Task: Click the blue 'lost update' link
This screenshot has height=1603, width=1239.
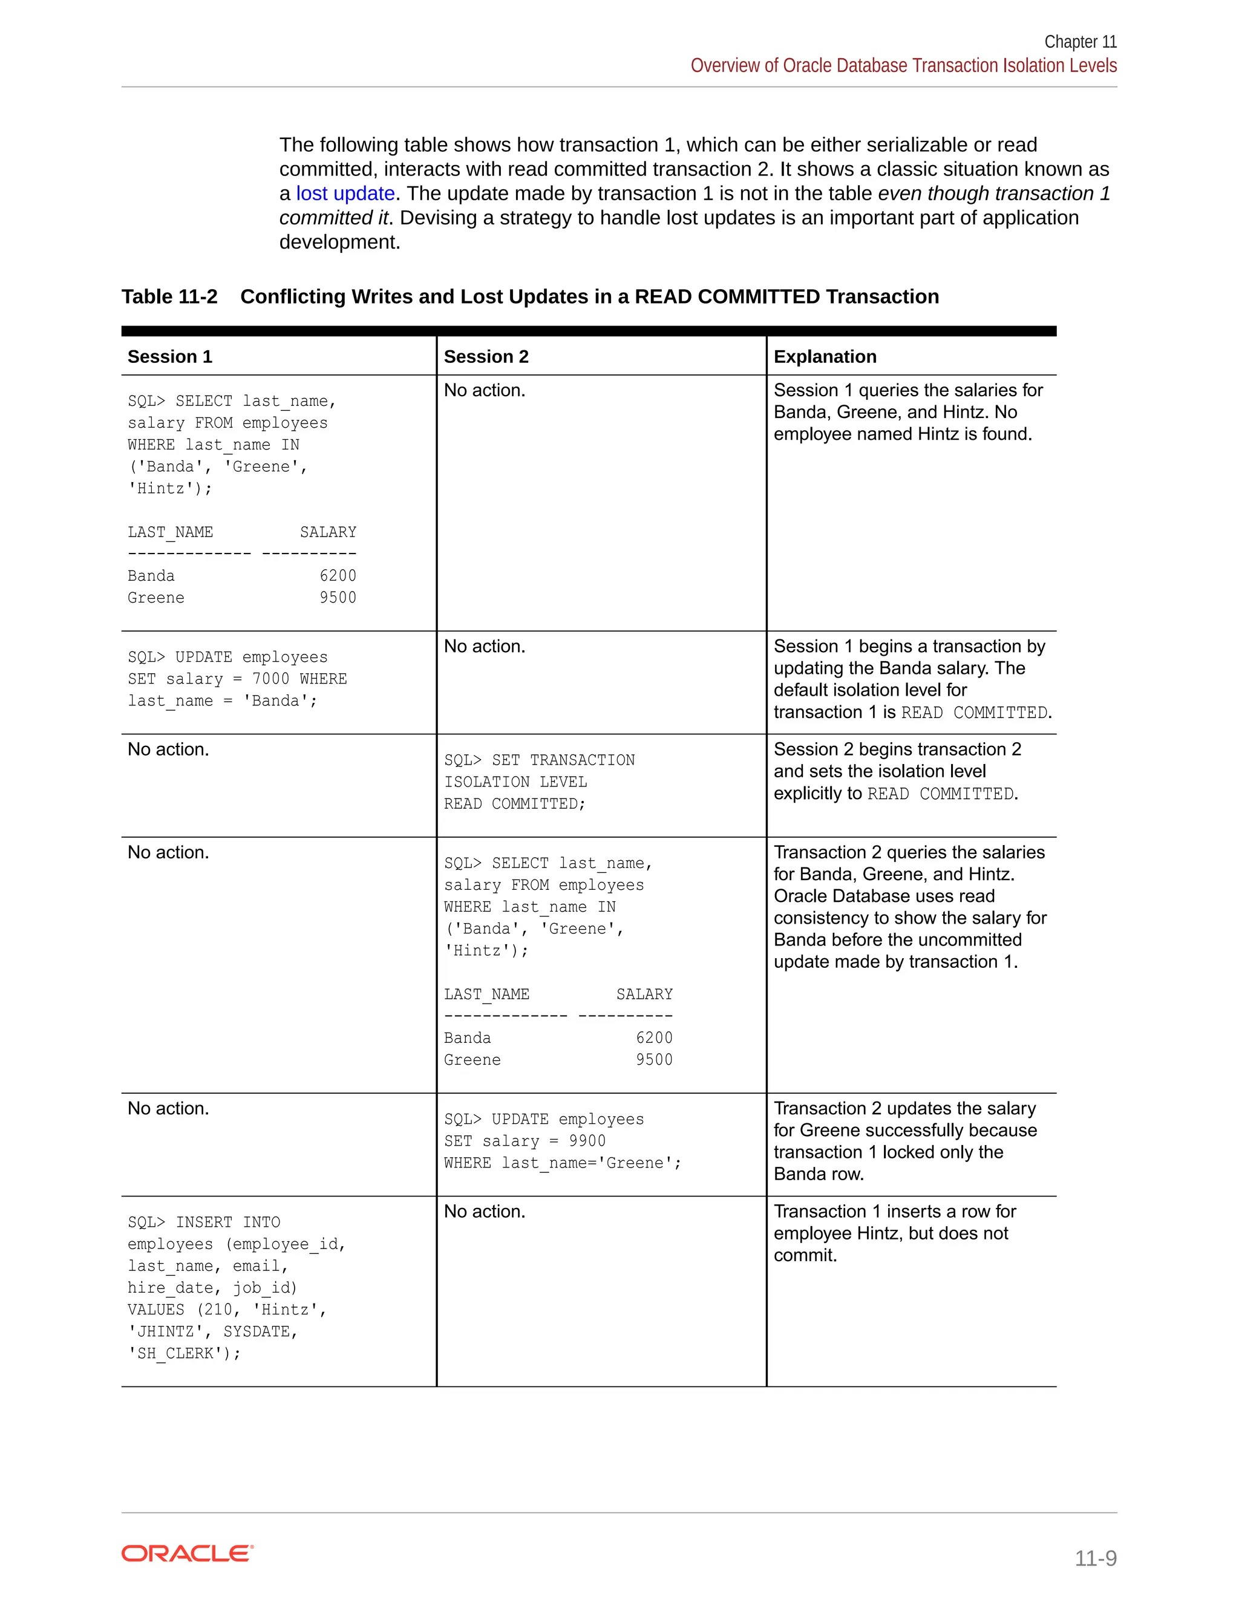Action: coord(345,194)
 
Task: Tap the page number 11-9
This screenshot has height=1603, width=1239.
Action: coord(1095,1558)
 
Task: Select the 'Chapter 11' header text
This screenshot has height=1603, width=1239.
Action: coord(1080,42)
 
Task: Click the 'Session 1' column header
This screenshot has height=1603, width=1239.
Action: coord(169,357)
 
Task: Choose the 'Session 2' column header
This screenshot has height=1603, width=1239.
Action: coord(486,357)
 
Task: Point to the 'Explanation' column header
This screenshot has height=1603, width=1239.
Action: coord(825,357)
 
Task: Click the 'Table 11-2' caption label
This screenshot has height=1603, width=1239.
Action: coord(169,296)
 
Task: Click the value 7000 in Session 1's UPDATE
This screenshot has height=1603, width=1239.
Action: coord(271,679)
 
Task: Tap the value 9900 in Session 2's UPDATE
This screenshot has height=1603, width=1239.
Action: coord(587,1141)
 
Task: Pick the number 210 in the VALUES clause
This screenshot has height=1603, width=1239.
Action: coord(218,1310)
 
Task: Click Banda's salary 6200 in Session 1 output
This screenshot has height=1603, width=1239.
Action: coord(338,576)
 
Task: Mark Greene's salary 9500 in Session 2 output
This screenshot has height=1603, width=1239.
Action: coord(654,1060)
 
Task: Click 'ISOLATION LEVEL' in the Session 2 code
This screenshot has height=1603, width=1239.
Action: coord(515,782)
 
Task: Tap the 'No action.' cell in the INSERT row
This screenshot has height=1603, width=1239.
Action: coord(485,1212)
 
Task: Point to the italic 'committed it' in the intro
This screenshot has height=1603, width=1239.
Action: coord(333,218)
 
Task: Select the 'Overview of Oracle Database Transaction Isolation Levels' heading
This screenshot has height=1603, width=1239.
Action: coord(903,66)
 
